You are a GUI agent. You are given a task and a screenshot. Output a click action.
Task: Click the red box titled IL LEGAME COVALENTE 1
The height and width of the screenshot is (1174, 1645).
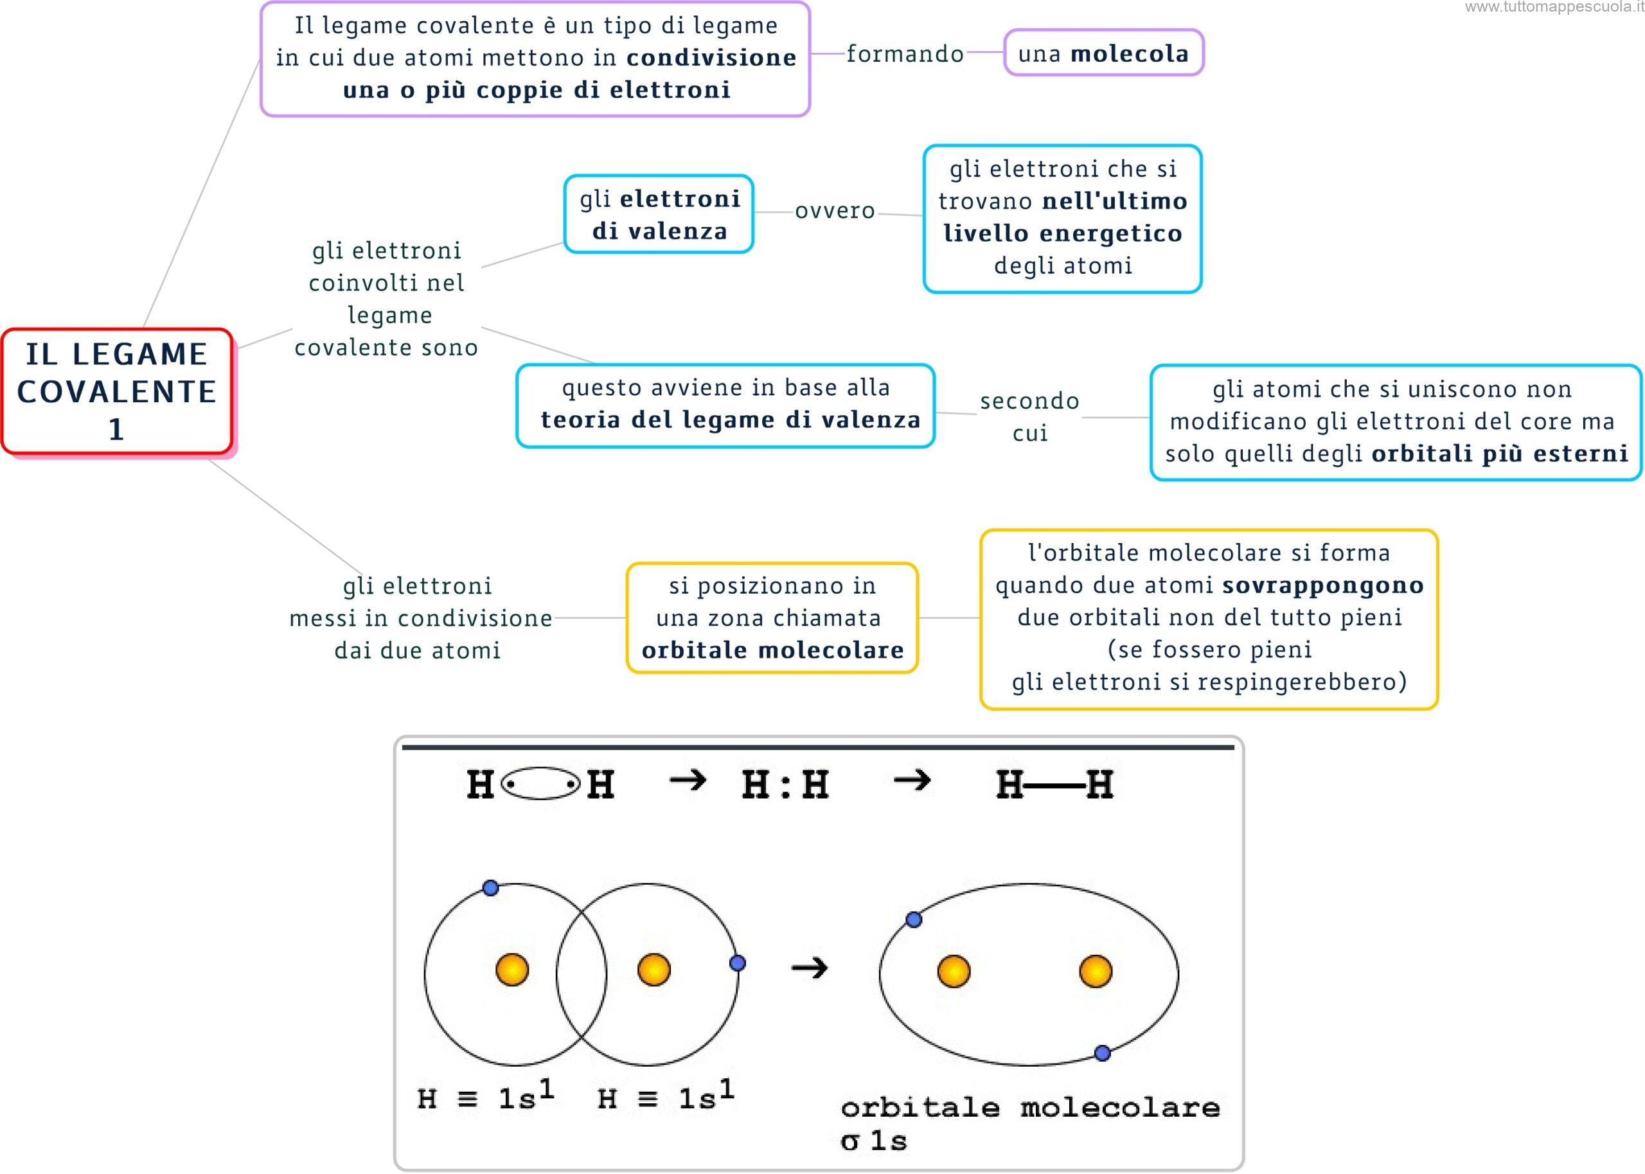click(116, 391)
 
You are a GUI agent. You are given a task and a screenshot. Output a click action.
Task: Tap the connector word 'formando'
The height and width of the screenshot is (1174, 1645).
click(905, 53)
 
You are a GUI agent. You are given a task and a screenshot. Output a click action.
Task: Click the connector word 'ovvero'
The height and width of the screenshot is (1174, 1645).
click(835, 210)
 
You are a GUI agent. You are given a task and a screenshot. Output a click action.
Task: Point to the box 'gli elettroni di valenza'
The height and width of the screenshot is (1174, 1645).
click(659, 214)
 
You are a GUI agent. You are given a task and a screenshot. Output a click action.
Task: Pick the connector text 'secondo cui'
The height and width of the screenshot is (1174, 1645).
click(1029, 416)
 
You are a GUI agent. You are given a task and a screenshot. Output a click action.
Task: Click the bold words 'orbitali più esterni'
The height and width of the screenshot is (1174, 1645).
click(1500, 454)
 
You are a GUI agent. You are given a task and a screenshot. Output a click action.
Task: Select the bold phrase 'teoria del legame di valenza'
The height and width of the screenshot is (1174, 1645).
click(731, 420)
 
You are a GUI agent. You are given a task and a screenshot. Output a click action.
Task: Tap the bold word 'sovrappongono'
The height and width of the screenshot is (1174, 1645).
click(1322, 585)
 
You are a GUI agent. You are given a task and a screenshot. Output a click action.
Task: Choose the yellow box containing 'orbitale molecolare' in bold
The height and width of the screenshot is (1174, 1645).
click(772, 618)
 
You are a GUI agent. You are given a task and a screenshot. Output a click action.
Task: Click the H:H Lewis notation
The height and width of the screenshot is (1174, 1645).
click(786, 785)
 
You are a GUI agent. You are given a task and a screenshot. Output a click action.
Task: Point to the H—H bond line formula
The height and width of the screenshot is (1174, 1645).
click(1054, 785)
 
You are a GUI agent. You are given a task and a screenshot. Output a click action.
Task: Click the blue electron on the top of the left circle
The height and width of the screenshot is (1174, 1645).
click(490, 888)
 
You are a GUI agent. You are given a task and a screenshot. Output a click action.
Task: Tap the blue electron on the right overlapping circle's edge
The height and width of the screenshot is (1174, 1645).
click(737, 963)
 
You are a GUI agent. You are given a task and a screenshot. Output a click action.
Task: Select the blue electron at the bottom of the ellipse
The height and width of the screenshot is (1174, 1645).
click(1102, 1053)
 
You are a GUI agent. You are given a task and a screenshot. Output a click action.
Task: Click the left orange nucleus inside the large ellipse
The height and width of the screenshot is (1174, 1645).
click(954, 971)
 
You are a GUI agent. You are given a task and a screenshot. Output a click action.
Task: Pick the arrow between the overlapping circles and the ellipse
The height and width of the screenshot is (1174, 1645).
click(809, 968)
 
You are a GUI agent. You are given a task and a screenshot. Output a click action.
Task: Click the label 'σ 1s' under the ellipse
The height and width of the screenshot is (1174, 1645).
click(873, 1141)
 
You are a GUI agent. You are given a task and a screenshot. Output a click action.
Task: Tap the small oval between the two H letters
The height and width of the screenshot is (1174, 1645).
click(540, 785)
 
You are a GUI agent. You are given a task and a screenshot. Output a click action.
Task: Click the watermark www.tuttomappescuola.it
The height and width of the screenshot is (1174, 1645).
click(1554, 8)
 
